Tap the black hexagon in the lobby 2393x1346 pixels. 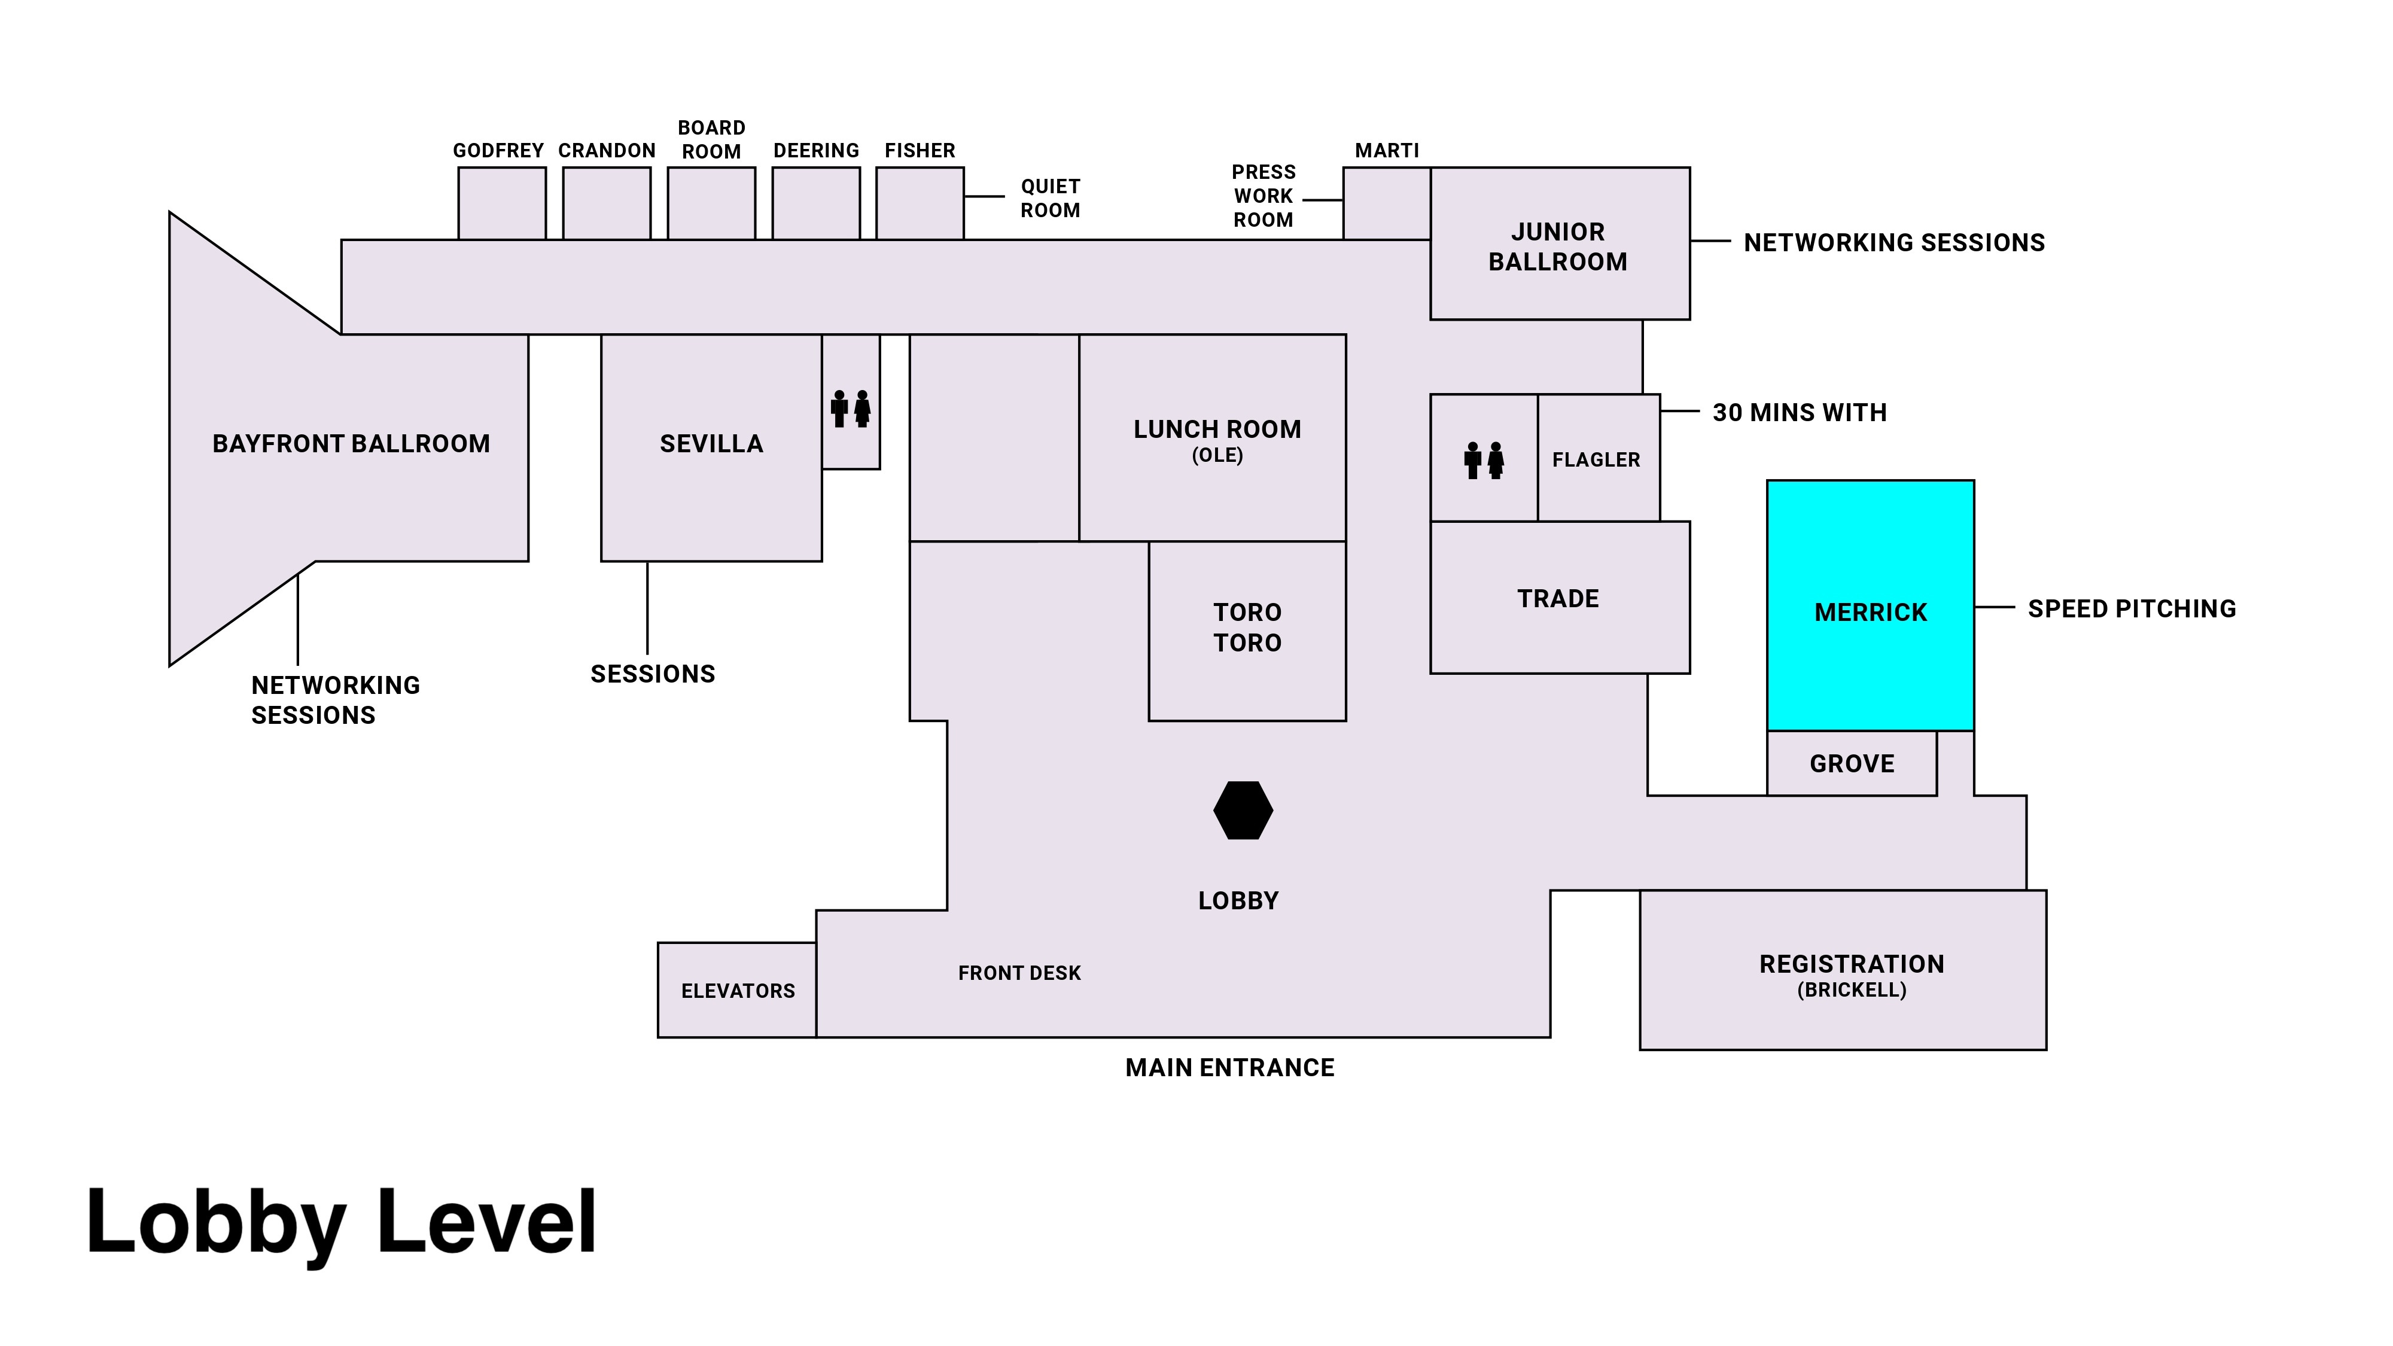click(x=1243, y=810)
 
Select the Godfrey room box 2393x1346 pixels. click(x=502, y=203)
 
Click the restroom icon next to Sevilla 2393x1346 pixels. click(x=851, y=409)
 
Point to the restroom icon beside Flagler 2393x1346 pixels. click(x=1484, y=460)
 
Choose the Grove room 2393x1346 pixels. click(x=1852, y=763)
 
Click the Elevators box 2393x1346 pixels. click(x=738, y=990)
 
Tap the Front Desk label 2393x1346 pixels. click(x=1019, y=973)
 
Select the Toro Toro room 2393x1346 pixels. click(x=1247, y=630)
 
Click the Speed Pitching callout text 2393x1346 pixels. click(x=2131, y=608)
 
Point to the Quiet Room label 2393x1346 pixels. click(x=1050, y=198)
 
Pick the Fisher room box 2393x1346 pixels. click(x=920, y=203)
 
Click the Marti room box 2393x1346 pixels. click(x=1386, y=203)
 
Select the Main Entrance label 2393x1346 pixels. click(x=1229, y=1067)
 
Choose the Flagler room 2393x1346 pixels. click(x=1597, y=459)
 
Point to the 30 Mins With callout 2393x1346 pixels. click(x=1800, y=412)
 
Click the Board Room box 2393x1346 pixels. click(x=711, y=203)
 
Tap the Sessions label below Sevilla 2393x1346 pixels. click(x=652, y=674)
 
